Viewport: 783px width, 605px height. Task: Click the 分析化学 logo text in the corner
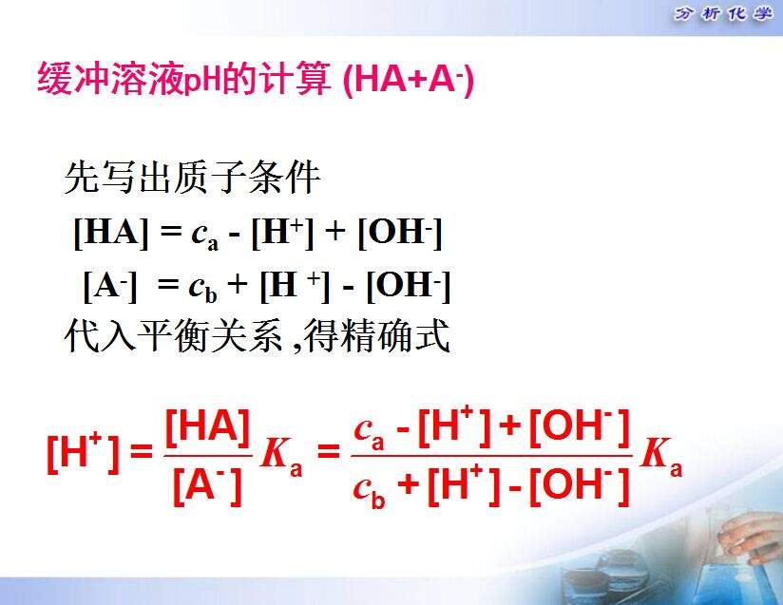722,13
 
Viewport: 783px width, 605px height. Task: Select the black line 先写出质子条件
192,178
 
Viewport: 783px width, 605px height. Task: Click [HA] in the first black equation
111,233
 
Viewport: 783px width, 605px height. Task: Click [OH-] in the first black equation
400,233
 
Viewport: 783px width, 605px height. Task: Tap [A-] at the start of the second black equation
110,287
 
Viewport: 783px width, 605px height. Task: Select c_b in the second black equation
202,289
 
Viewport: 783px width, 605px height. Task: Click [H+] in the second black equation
296,287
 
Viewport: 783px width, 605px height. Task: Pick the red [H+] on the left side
84,452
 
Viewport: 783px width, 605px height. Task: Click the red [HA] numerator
207,427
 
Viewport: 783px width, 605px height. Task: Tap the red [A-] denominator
207,485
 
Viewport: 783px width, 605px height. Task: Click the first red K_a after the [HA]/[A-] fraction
281,456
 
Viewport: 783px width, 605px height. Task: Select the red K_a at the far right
661,456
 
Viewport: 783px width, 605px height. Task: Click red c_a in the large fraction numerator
369,431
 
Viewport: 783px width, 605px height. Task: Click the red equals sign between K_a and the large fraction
328,451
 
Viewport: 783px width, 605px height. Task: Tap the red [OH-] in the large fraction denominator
580,485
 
